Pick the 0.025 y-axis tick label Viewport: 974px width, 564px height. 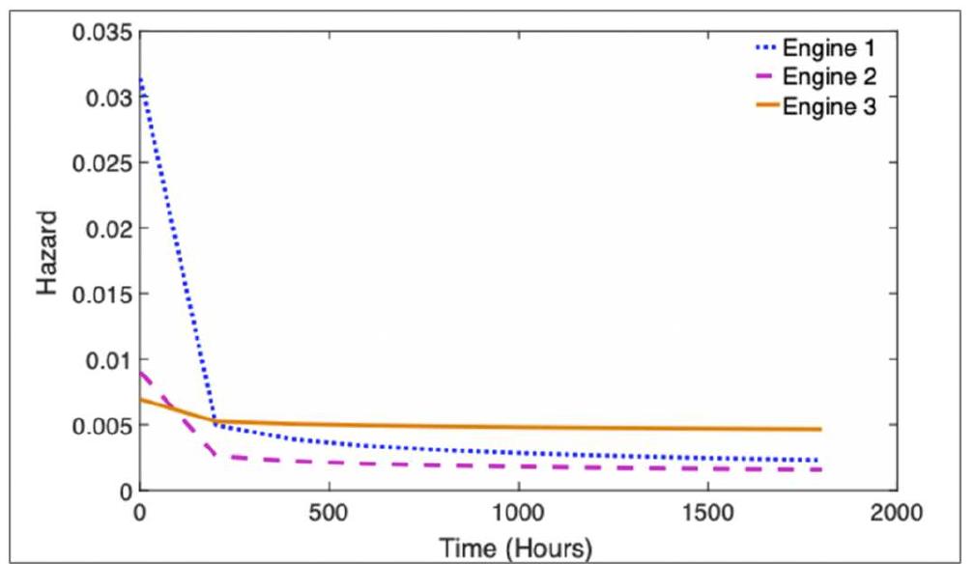(x=100, y=163)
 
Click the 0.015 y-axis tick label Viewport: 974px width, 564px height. (x=100, y=295)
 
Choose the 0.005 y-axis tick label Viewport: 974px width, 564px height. (x=100, y=425)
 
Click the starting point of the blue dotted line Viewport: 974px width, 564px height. (x=141, y=79)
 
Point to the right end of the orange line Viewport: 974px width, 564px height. (x=820, y=429)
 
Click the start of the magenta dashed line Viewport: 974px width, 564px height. (x=141, y=373)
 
